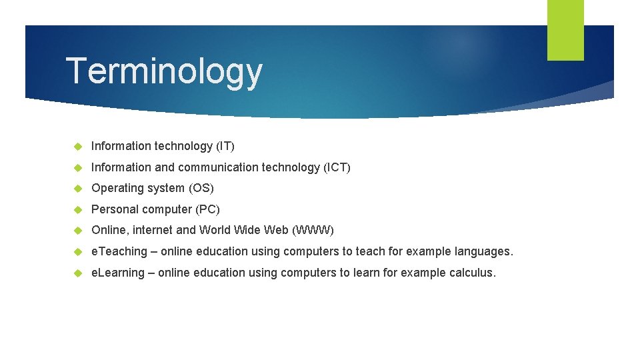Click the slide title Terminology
point(164,72)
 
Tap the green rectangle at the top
point(565,29)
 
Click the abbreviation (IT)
point(225,145)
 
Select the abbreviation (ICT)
point(337,167)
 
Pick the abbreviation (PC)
point(207,209)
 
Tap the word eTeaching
point(119,251)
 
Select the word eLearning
point(118,273)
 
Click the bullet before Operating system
point(77,189)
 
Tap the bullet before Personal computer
point(77,210)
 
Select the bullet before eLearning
point(77,273)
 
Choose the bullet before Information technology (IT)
point(77,146)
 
